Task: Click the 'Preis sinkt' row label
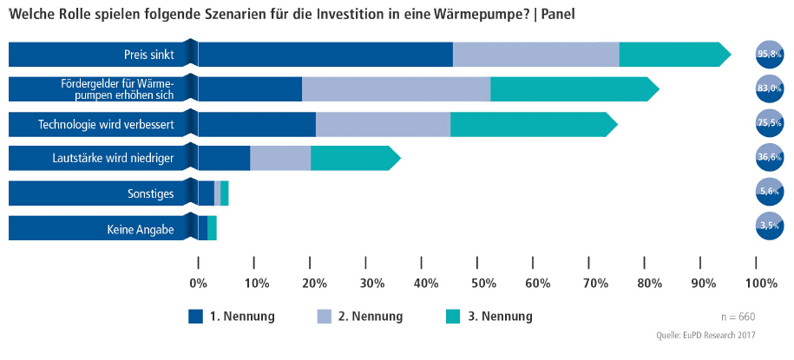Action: (x=149, y=55)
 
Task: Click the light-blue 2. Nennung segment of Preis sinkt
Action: (x=536, y=55)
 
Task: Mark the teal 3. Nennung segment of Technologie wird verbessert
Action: (x=532, y=124)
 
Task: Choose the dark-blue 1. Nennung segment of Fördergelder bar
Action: (x=250, y=88)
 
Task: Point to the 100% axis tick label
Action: (x=761, y=283)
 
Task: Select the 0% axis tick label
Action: (x=199, y=283)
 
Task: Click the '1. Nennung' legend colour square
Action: (x=195, y=317)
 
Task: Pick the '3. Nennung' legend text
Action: (x=500, y=317)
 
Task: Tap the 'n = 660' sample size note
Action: (x=740, y=317)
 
